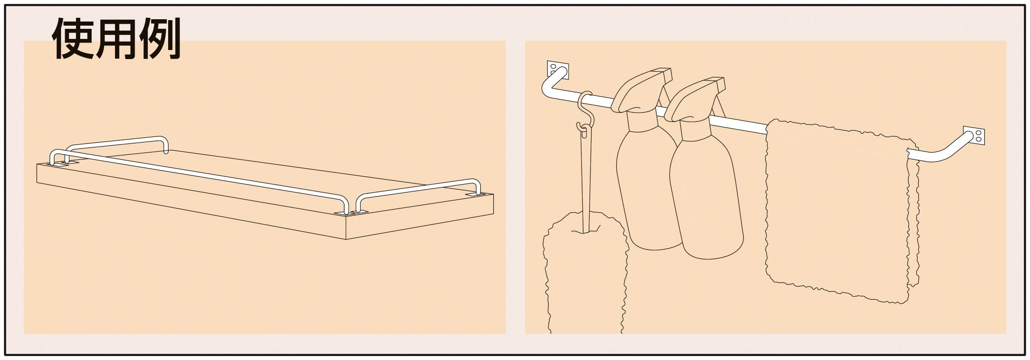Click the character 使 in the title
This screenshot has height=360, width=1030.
point(73,39)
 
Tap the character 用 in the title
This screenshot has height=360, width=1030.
point(116,39)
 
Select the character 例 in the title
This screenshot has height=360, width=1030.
point(159,39)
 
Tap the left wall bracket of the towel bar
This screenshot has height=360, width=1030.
point(558,69)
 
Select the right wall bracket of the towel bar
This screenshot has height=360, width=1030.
point(974,136)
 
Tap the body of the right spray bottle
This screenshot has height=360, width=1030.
point(706,202)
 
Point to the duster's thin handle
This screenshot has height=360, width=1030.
point(585,183)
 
